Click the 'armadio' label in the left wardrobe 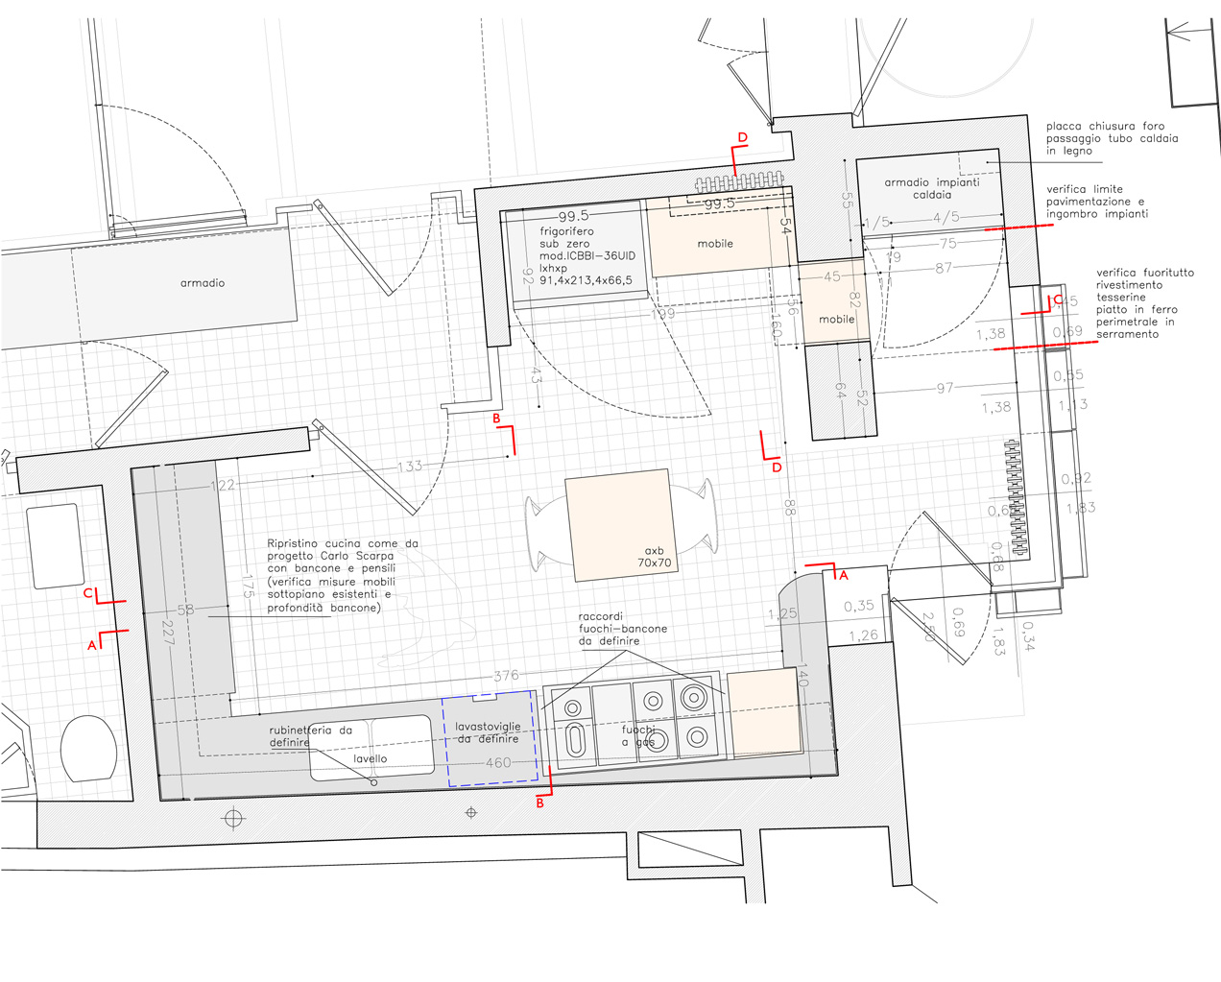[203, 283]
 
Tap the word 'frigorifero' [566, 231]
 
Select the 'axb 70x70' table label [655, 557]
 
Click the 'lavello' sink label [371, 758]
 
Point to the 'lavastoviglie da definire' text [488, 732]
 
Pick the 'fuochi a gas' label [638, 736]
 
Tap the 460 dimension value [498, 763]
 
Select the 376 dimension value [506, 676]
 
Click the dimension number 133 [410, 467]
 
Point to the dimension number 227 [168, 633]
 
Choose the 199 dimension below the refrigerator [662, 314]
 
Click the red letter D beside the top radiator [742, 138]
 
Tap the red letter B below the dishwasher [540, 802]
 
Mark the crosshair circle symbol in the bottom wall [233, 819]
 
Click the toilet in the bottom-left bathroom [89, 748]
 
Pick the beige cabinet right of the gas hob [764, 712]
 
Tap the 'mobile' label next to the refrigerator [715, 244]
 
